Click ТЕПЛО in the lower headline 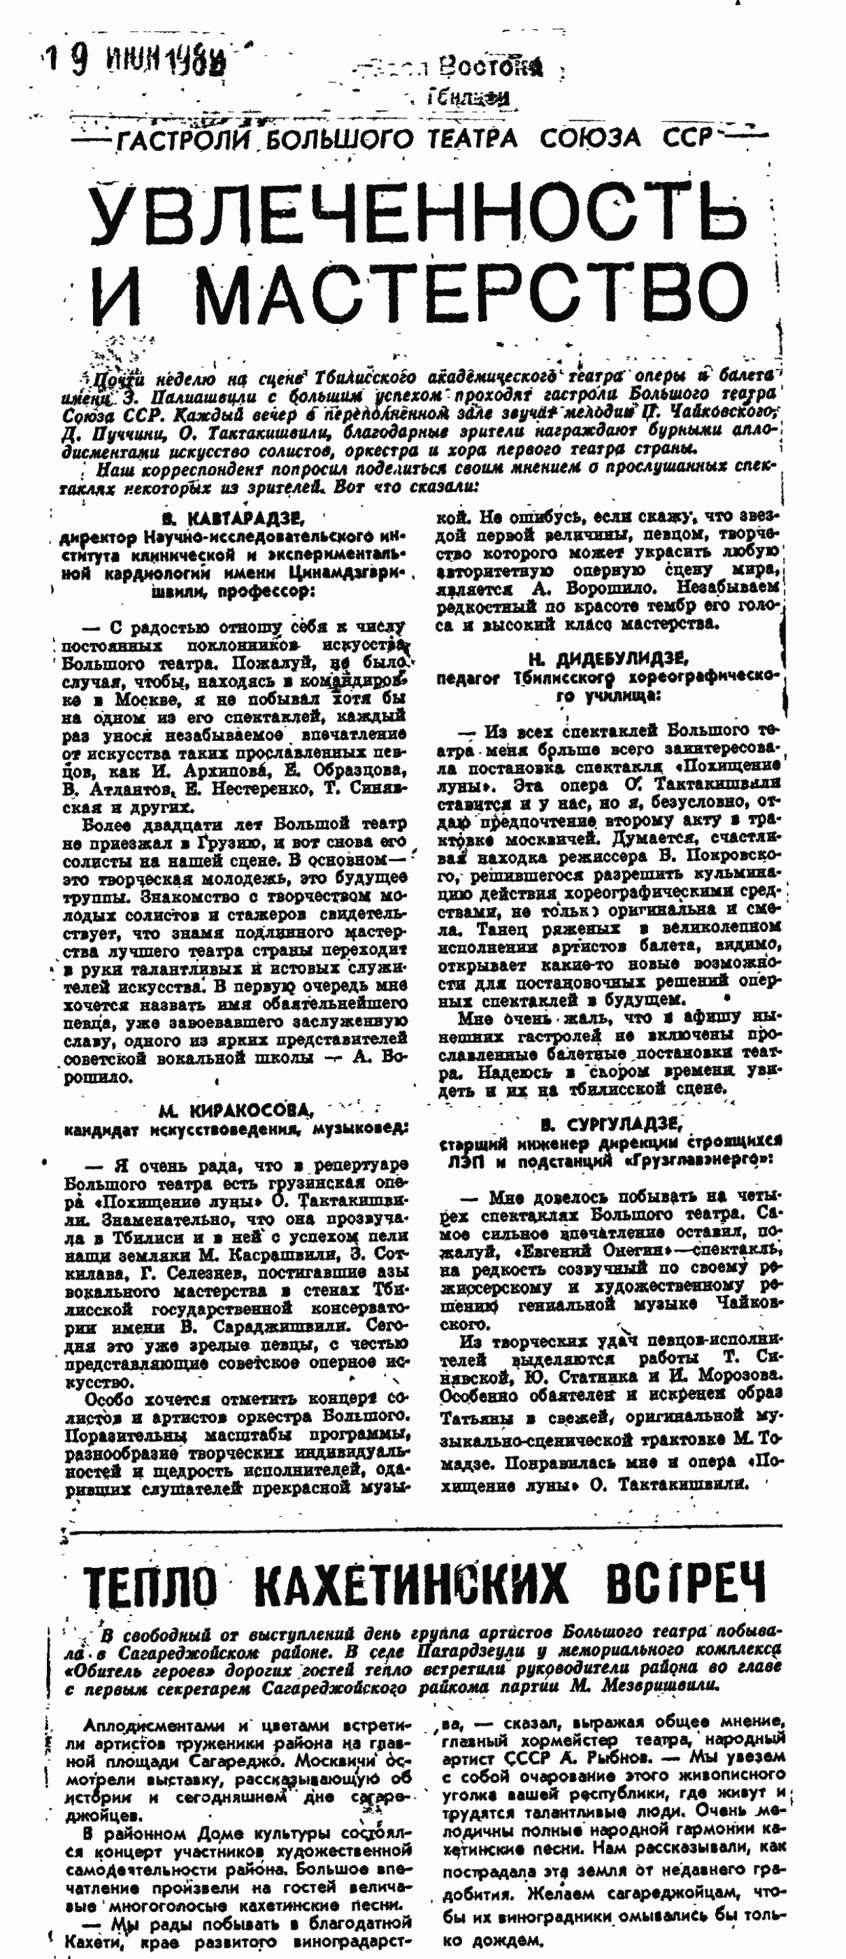(150, 1585)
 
